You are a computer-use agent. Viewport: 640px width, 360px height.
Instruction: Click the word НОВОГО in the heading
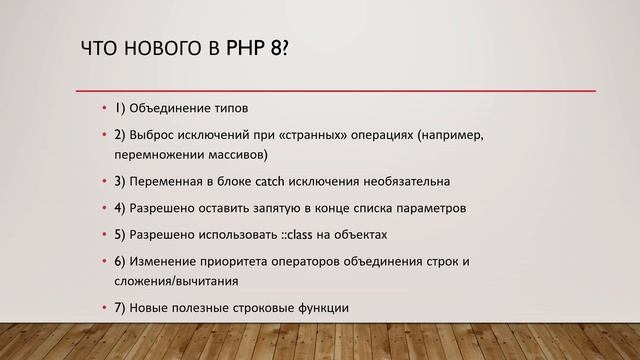point(156,49)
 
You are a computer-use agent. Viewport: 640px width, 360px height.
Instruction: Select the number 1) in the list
point(120,108)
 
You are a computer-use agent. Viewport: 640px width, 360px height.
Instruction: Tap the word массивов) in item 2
point(234,156)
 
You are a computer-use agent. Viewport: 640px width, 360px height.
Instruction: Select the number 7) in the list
point(120,308)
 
